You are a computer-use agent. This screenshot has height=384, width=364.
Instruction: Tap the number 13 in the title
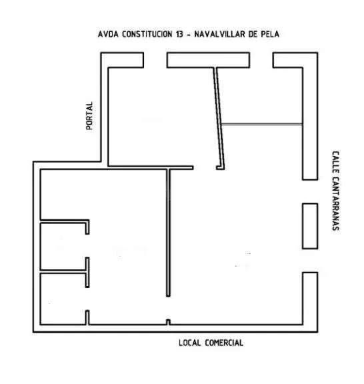pyautogui.click(x=179, y=34)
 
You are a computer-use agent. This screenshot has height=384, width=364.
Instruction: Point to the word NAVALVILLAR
pyautogui.click(x=220, y=34)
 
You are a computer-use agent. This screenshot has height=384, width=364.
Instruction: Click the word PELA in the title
pyautogui.click(x=270, y=34)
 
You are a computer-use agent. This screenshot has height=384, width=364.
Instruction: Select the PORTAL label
pyautogui.click(x=89, y=115)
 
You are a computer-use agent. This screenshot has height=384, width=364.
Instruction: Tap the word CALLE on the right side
pyautogui.click(x=335, y=163)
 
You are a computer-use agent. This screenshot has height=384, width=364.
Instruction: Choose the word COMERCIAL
pyautogui.click(x=224, y=343)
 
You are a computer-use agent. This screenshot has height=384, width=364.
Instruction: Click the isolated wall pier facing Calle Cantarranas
pyautogui.click(x=310, y=226)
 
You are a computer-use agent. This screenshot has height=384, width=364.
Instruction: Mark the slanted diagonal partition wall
pyautogui.click(x=219, y=118)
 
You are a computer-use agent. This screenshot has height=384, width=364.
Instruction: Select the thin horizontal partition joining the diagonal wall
pyautogui.click(x=261, y=125)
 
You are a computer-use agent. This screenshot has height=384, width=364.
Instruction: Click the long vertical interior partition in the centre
pyautogui.click(x=168, y=233)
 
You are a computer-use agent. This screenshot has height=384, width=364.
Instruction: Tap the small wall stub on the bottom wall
pyautogui.click(x=168, y=322)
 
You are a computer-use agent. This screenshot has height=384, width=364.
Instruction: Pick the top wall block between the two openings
pyautogui.click(x=208, y=60)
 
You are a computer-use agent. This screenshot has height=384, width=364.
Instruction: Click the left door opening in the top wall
pyautogui.click(x=155, y=60)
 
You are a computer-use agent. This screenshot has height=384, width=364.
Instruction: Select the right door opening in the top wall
pyautogui.click(x=261, y=60)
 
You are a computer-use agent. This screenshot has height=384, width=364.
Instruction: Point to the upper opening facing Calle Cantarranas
pyautogui.click(x=310, y=191)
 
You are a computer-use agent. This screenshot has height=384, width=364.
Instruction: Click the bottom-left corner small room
pyautogui.click(x=63, y=299)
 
